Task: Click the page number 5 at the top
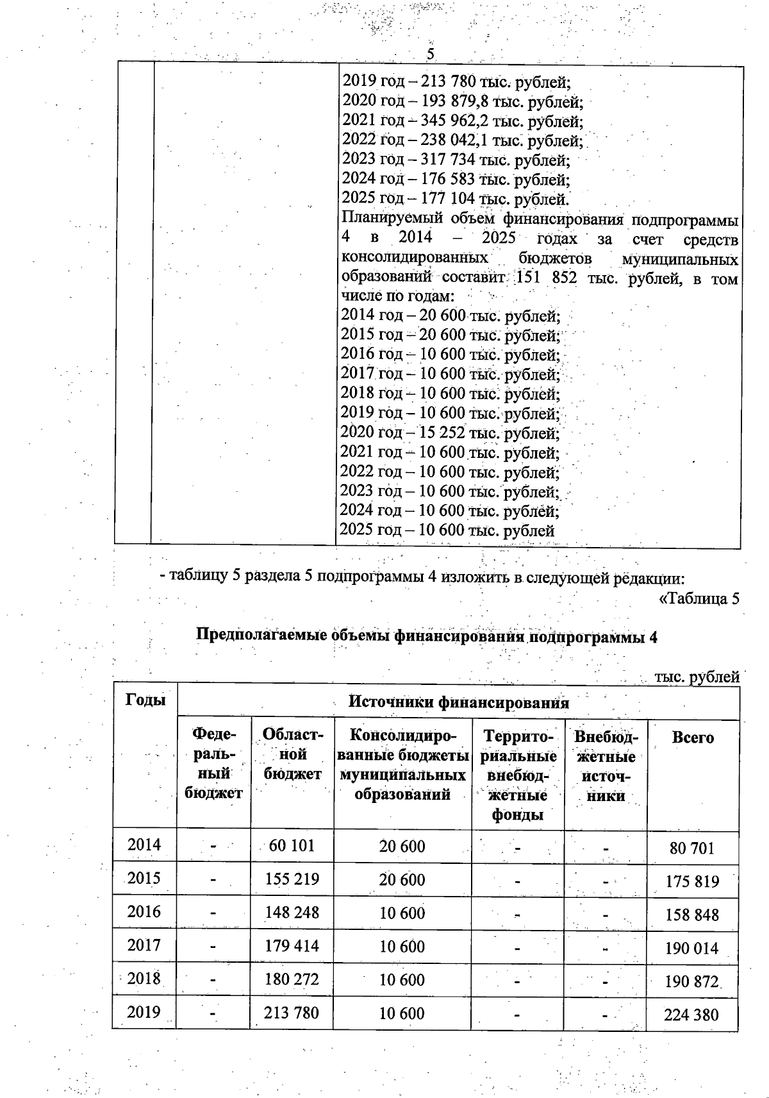pos(431,55)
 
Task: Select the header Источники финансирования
pos(458,702)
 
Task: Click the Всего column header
pos(693,738)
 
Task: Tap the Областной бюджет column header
pos(292,754)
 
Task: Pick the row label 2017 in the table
pos(144,945)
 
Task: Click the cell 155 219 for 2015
pos(292,879)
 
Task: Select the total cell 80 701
pos(691,849)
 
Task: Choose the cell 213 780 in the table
pos(292,1013)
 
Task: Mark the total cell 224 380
pos(691,1015)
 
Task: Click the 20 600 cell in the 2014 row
pos(402,847)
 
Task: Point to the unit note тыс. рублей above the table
pos(697,677)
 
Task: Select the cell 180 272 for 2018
pos(292,979)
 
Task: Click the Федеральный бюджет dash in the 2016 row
pos(213,913)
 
